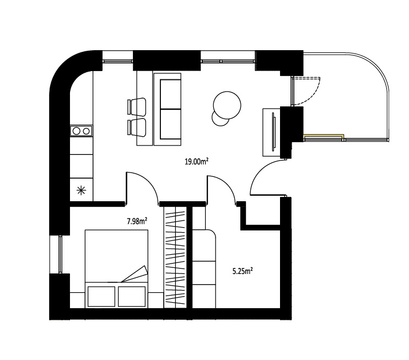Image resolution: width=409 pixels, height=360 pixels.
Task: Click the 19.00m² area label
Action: tap(196, 162)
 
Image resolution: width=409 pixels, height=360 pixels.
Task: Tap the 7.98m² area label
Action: tap(137, 222)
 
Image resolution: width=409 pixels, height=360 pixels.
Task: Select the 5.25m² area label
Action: tap(243, 271)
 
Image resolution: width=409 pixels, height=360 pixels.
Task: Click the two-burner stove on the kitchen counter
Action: tap(81, 131)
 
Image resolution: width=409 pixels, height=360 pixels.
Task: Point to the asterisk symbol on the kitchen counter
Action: tap(81, 190)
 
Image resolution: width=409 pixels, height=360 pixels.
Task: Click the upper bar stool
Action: tap(136, 107)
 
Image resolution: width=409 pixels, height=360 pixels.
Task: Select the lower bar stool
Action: tap(136, 127)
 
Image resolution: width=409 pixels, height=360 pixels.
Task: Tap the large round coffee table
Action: tap(227, 105)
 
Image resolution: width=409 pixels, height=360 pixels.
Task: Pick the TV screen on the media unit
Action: tap(273, 131)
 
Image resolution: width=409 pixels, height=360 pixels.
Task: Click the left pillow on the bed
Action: tap(101, 297)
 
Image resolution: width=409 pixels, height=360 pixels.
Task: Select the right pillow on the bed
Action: tap(132, 297)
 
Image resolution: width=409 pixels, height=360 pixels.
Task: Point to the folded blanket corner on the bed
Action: tap(134, 275)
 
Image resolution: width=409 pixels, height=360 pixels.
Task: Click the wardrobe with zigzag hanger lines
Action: tap(175, 257)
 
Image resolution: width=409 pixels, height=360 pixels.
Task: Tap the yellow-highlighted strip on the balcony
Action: tap(323, 136)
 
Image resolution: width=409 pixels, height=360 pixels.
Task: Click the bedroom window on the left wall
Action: tap(60, 254)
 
